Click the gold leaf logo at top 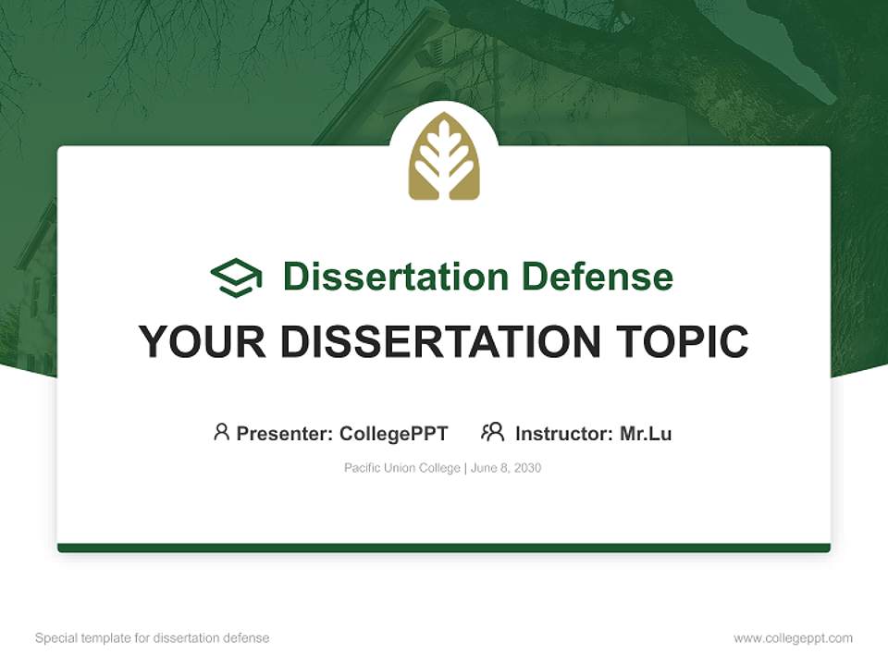pyautogui.click(x=444, y=157)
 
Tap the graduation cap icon pyautogui.click(x=236, y=277)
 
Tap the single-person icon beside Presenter pyautogui.click(x=221, y=432)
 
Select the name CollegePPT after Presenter pyautogui.click(x=394, y=434)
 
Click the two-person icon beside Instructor pyautogui.click(x=492, y=432)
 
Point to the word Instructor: pyautogui.click(x=564, y=434)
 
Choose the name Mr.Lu pyautogui.click(x=646, y=434)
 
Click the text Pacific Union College pyautogui.click(x=401, y=468)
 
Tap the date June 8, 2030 pyautogui.click(x=506, y=468)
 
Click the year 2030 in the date pyautogui.click(x=526, y=468)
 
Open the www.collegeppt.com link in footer pyautogui.click(x=793, y=638)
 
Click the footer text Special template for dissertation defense pyautogui.click(x=152, y=638)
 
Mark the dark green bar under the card pyautogui.click(x=444, y=548)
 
